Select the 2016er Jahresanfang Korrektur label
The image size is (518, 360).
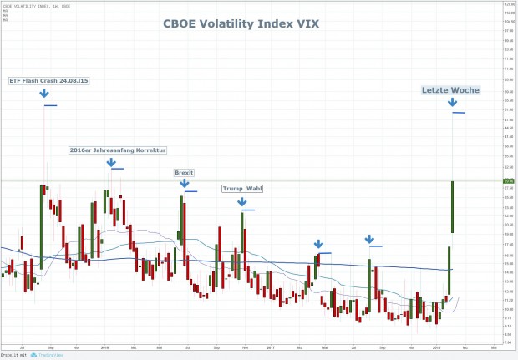point(118,150)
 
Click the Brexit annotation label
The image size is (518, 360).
point(184,173)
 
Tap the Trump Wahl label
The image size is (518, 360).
point(241,189)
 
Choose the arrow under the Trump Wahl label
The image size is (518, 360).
point(241,201)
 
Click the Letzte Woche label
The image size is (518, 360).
point(441,89)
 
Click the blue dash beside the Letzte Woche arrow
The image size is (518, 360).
point(459,113)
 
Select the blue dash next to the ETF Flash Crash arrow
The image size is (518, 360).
point(50,106)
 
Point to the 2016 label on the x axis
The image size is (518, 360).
point(104,345)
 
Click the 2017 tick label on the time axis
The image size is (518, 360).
point(270,345)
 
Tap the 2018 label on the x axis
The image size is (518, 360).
point(436,345)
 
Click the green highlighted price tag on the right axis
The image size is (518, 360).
point(509,180)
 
